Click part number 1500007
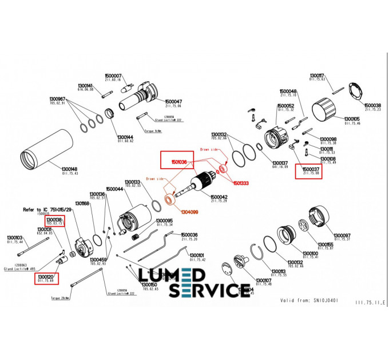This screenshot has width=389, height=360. point(113,75)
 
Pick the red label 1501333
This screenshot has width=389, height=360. point(240,183)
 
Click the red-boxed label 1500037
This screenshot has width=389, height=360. point(309,169)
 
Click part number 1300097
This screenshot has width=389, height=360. point(342,235)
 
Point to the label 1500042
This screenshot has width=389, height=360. point(219,197)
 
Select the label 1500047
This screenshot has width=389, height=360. point(173,102)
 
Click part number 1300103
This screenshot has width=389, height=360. point(14,238)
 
